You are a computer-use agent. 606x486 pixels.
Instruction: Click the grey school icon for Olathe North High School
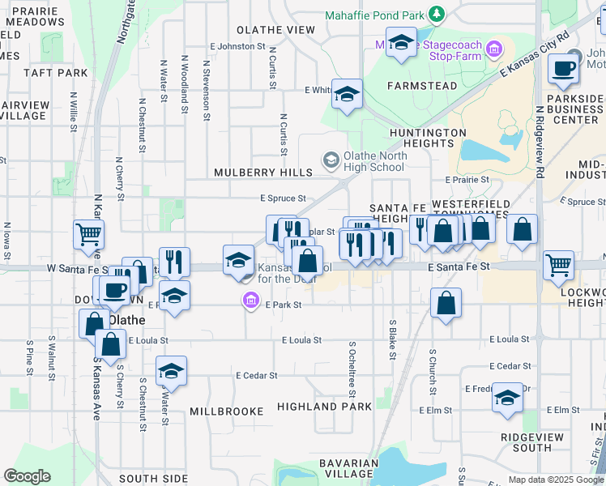pyautogui.click(x=331, y=160)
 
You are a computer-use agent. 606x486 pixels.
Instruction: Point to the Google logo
pyautogui.click(x=27, y=476)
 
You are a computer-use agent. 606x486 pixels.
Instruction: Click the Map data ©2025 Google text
pyautogui.click(x=556, y=480)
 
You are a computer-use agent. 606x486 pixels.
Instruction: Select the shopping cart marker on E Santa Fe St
pyautogui.click(x=558, y=265)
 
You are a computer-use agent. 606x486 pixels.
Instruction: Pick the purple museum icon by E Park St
pyautogui.click(x=251, y=303)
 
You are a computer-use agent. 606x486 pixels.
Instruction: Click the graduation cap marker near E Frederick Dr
pyautogui.click(x=507, y=399)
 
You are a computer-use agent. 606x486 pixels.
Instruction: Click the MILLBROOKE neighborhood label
pyautogui.click(x=227, y=411)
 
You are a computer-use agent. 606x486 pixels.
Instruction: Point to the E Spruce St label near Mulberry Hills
pyautogui.click(x=283, y=198)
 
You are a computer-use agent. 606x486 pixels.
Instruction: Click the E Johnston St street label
pyautogui.click(x=237, y=47)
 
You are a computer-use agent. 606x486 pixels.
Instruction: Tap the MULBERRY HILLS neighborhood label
pyautogui.click(x=263, y=173)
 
